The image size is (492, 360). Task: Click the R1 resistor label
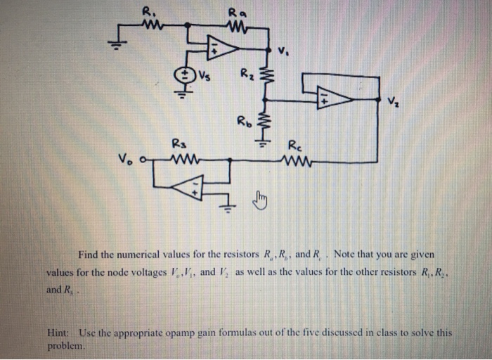pyautogui.click(x=148, y=10)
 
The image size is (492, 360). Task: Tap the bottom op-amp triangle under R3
pyautogui.click(x=188, y=187)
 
